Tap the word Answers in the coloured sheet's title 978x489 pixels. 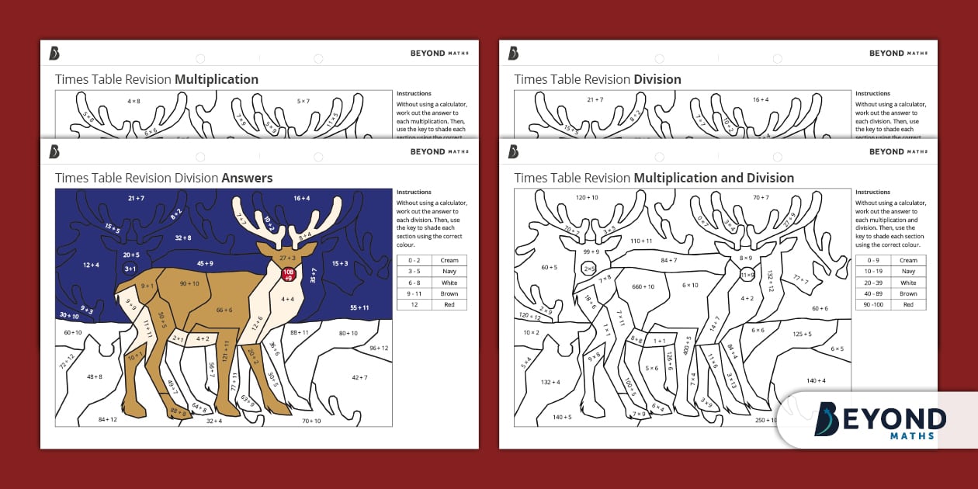point(247,178)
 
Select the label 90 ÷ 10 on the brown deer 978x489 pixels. point(189,284)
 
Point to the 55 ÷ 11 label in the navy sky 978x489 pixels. point(359,308)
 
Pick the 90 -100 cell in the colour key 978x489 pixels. point(872,305)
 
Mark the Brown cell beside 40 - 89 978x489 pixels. point(908,293)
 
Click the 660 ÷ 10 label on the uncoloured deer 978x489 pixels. point(643,286)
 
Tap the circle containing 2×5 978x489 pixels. point(589,268)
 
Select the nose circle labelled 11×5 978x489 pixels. point(747,275)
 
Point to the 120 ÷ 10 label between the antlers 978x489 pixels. point(588,198)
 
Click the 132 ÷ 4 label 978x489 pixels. point(550,381)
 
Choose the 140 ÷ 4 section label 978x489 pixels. point(816,380)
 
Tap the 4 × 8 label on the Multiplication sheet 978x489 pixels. point(133,101)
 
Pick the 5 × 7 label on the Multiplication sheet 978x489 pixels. point(303,101)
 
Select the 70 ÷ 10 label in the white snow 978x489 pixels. point(311,421)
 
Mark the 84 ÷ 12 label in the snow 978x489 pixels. point(107,419)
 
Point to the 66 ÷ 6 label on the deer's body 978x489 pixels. point(224,310)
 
